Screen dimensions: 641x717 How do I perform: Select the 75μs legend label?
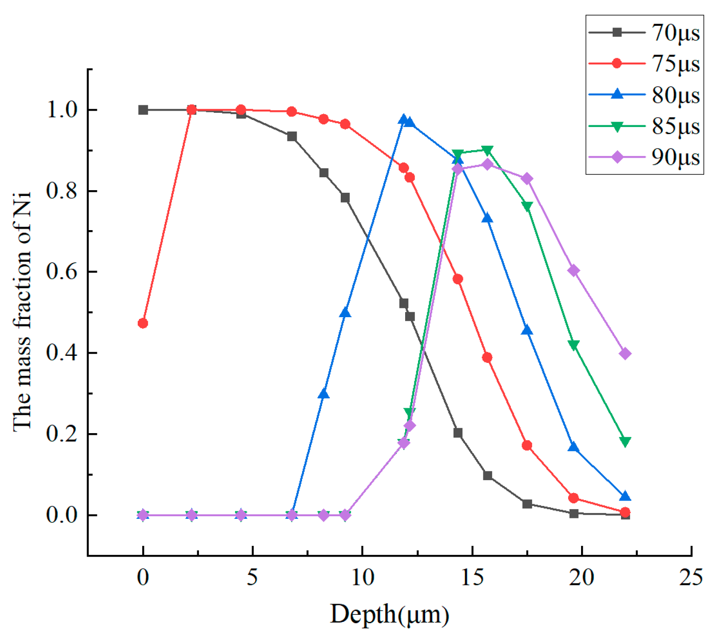(x=675, y=64)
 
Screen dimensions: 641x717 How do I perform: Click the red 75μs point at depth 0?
(x=143, y=323)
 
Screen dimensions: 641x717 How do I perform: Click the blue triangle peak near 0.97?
(x=403, y=119)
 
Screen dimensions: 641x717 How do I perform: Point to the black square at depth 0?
(x=143, y=110)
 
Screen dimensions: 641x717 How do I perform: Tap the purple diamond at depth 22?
(x=625, y=354)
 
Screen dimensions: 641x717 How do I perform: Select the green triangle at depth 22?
(x=625, y=442)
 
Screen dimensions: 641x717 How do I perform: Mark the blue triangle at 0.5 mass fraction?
(x=345, y=313)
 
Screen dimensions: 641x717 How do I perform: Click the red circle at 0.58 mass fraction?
(x=458, y=279)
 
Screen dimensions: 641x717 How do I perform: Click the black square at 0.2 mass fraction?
(x=458, y=433)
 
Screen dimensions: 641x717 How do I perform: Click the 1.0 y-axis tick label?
(x=62, y=110)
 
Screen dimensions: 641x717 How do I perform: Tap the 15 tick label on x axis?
(x=472, y=577)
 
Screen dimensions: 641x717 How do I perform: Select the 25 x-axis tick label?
(x=691, y=577)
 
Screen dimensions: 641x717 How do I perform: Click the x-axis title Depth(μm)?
(x=389, y=615)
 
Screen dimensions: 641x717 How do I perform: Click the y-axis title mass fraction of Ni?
(x=22, y=311)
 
